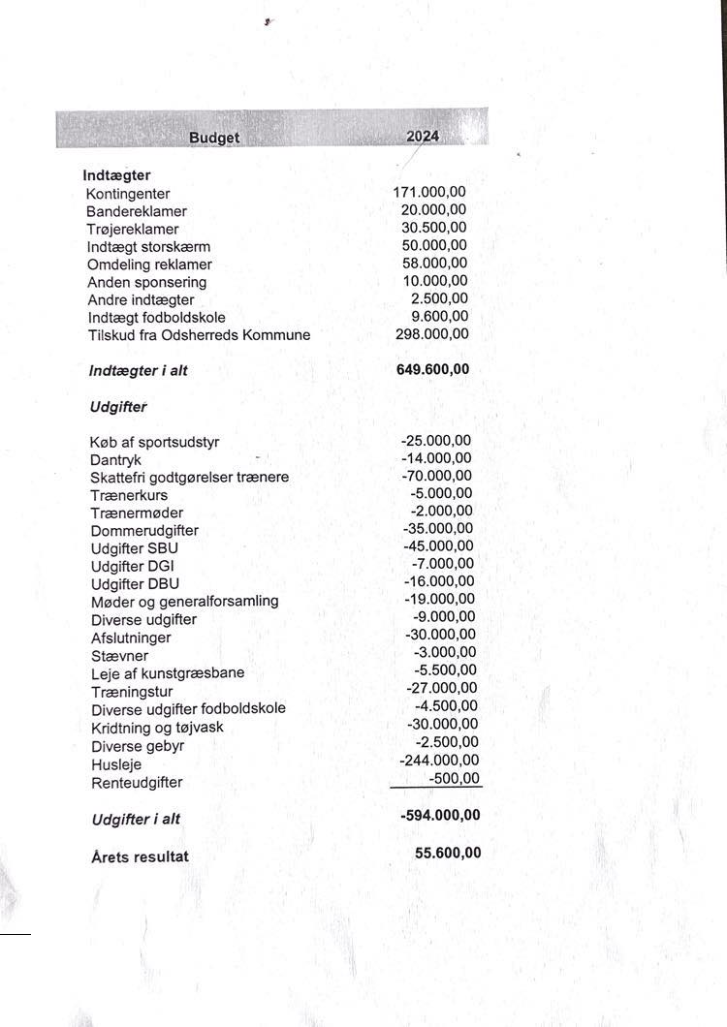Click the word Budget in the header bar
coord(214,138)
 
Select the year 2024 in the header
coord(423,137)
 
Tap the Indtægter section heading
coord(116,176)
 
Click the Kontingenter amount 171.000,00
coord(429,193)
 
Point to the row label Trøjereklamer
coord(133,230)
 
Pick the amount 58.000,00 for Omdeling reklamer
coord(434,264)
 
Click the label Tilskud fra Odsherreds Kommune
coord(199,335)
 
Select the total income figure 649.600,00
coord(433,369)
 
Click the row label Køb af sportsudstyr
coord(155,443)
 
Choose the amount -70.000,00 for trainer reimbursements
coord(436,476)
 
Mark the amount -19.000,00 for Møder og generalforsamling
coord(439,600)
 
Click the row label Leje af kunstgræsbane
coord(168,673)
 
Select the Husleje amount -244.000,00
coord(439,761)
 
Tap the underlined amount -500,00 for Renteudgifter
coord(453,778)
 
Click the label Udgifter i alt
coord(136,820)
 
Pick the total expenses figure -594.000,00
coord(439,816)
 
